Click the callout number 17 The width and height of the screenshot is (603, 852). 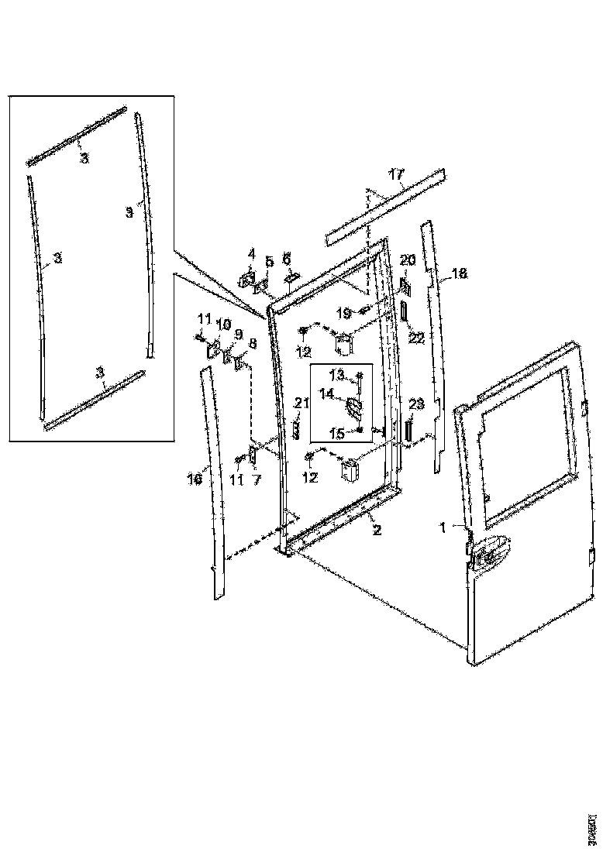pos(396,176)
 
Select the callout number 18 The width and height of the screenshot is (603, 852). pos(460,273)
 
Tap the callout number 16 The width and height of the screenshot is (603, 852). pos(194,480)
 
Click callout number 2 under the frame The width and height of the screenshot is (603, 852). pos(376,531)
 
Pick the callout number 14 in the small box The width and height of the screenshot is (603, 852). pos(326,393)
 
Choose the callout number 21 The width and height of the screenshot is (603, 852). pos(301,402)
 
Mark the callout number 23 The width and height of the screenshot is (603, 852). pos(416,404)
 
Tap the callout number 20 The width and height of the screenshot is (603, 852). pos(408,259)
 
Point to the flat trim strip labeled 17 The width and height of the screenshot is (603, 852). pos(385,208)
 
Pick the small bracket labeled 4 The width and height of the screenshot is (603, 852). pos(250,278)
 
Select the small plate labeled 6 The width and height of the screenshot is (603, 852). pos(292,277)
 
